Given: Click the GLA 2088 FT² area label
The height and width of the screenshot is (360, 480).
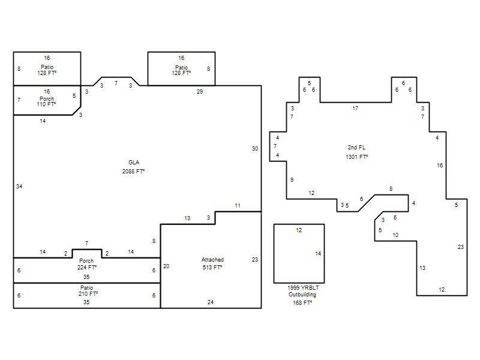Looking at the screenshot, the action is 133,167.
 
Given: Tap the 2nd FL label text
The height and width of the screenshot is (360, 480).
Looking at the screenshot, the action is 356,147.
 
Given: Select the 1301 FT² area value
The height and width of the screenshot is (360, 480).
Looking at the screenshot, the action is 356,157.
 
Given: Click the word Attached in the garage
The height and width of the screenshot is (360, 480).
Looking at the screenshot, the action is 212,260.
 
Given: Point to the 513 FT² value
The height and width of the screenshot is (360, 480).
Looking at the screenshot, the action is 212,267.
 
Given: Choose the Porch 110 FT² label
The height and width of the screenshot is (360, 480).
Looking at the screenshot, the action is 47,101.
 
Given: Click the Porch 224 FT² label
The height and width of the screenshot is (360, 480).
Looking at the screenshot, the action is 86,264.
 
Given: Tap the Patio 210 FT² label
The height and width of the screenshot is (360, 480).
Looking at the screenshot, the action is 88,290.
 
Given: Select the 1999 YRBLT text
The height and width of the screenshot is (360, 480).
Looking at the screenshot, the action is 303,288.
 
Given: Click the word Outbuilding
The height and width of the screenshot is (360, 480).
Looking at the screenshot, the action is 302,295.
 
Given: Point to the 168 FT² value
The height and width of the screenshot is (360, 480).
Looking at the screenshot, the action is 302,303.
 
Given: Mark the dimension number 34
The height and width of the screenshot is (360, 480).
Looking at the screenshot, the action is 19,187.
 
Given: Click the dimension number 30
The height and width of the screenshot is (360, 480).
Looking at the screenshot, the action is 255,148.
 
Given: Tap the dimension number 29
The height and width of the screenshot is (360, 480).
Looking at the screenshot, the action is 200,92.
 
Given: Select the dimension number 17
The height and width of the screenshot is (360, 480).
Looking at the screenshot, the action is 355,109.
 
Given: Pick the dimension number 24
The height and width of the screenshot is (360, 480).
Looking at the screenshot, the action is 211,302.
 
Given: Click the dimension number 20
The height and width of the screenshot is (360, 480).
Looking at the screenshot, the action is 166,266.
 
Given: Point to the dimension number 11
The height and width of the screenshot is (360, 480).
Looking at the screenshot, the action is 238,206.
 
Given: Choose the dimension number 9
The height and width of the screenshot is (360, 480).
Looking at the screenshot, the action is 292,179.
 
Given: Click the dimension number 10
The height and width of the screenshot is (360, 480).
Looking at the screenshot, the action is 395,235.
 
